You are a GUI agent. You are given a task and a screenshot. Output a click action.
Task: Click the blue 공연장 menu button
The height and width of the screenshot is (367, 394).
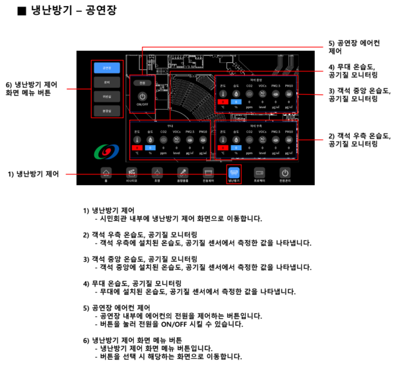[x=107, y=68]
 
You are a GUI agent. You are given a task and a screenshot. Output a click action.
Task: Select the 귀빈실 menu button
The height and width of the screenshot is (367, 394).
[x=107, y=96]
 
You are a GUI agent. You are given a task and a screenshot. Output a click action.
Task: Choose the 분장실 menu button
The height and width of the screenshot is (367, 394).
[x=107, y=111]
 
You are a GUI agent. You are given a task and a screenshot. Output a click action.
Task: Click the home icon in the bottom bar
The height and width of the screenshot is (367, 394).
[x=105, y=172]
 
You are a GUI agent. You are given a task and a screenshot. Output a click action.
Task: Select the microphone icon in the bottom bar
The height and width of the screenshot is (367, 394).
[x=182, y=172]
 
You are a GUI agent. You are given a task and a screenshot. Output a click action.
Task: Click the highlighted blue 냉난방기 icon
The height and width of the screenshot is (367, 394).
[x=234, y=172]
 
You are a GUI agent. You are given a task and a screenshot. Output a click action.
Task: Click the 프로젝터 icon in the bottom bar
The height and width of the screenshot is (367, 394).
[x=259, y=172]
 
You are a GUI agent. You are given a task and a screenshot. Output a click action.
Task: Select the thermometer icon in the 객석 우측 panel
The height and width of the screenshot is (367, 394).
[x=223, y=140]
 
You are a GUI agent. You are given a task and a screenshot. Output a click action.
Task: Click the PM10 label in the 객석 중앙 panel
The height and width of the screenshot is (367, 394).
[x=289, y=86]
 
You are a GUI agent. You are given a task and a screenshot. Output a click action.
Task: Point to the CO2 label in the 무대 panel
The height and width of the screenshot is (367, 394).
[x=164, y=131]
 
